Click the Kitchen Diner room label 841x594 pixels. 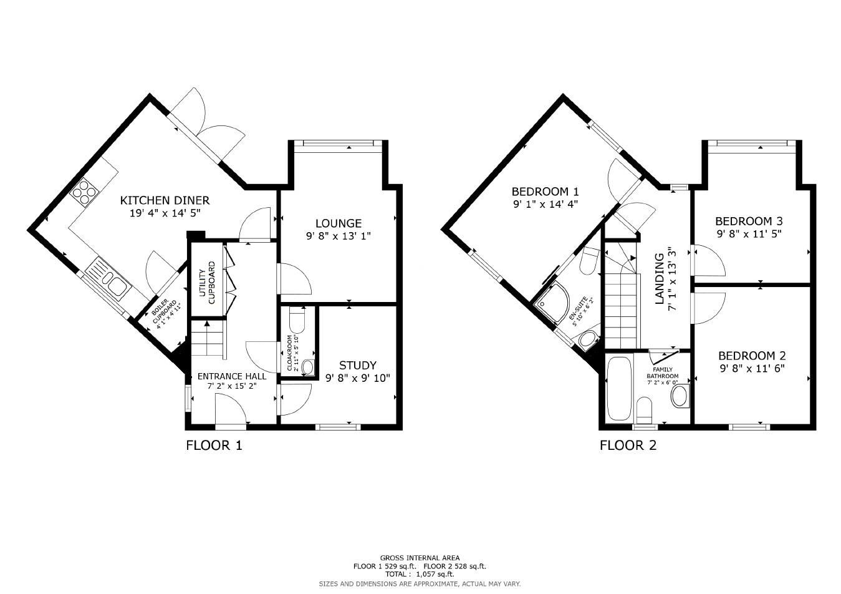[165, 200]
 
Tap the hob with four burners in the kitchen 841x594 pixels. [84, 192]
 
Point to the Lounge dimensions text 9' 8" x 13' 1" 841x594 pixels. [338, 236]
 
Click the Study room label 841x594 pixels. [357, 365]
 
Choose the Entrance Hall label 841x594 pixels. [232, 376]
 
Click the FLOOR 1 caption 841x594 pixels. [214, 445]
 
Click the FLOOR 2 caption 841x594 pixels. [628, 445]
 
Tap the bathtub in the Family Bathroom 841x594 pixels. [619, 388]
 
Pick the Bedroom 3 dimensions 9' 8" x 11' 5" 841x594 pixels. [749, 234]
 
